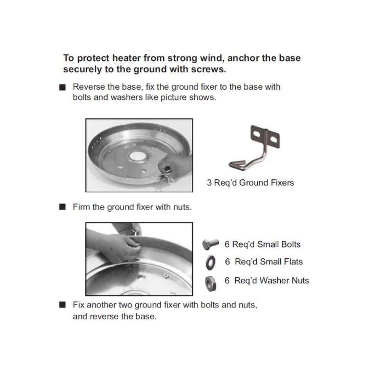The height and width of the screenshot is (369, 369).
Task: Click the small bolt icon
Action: click(210, 244)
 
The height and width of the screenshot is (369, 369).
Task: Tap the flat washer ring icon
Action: click(210, 262)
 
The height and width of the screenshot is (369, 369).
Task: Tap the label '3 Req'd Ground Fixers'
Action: click(250, 183)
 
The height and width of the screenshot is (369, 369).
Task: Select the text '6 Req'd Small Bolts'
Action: click(262, 244)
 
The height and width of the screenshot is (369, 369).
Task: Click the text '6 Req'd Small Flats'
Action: click(264, 262)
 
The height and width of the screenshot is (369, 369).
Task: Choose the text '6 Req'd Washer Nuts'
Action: click(267, 281)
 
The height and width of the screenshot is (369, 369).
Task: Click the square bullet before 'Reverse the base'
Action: click(62, 88)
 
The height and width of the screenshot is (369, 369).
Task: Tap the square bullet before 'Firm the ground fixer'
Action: click(62, 207)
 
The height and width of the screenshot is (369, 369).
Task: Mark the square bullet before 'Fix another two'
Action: click(62, 305)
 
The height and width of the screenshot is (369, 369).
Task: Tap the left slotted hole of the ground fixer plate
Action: click(257, 133)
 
